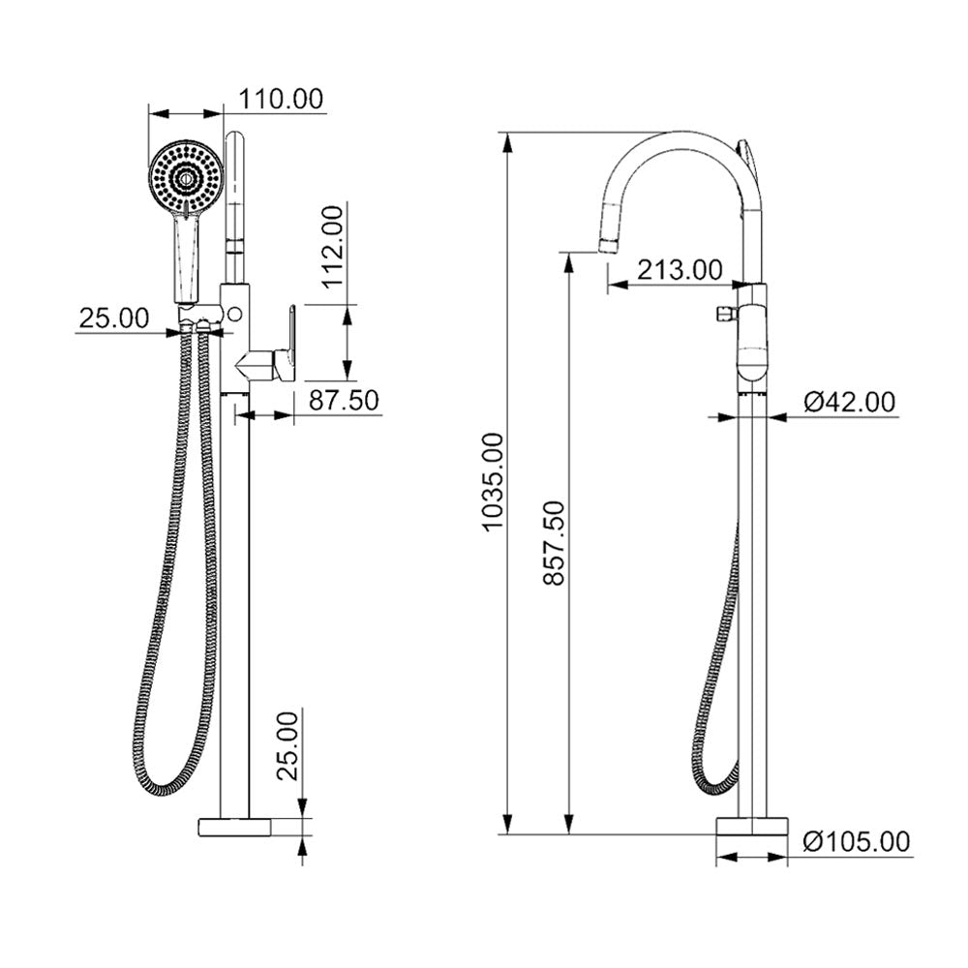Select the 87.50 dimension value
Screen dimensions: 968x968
pos(343,399)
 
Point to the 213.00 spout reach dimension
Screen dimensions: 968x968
pos(680,270)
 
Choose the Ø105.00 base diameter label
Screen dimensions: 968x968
pos(857,842)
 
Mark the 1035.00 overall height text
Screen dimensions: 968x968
pos(493,482)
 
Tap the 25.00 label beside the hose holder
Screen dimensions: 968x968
pos(114,317)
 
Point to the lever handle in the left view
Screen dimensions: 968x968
pos(285,344)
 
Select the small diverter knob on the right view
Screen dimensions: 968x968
pos(720,314)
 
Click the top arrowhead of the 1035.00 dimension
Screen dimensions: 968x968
pos(506,140)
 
